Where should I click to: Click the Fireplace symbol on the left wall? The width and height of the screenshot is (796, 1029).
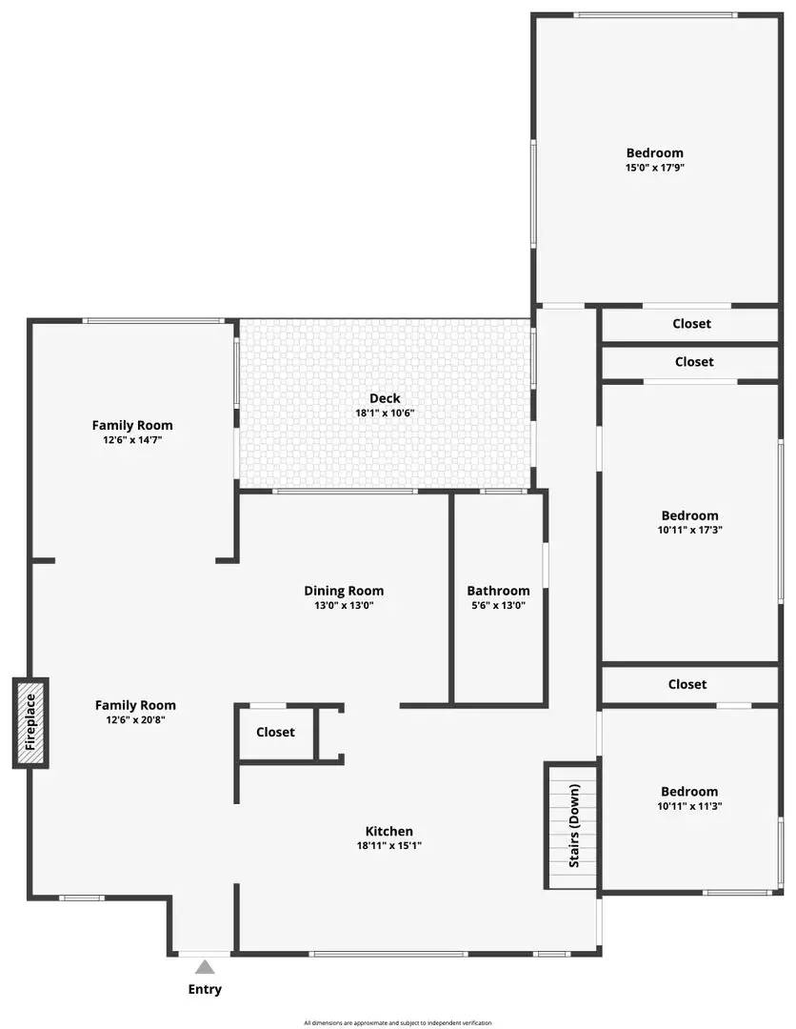point(30,723)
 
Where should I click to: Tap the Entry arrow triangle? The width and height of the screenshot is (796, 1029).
point(205,966)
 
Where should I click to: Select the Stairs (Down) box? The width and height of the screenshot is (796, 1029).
point(572,825)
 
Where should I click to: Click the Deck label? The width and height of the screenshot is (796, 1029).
point(385,398)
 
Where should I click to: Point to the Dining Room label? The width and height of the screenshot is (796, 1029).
point(344,591)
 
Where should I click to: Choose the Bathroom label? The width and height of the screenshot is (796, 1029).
point(498,591)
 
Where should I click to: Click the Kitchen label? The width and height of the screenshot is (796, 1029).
point(389,831)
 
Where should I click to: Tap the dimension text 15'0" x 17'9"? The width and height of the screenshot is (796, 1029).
point(654,168)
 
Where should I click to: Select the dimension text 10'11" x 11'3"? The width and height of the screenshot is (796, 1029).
point(689,806)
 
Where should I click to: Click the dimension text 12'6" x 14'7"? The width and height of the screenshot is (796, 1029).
point(132,440)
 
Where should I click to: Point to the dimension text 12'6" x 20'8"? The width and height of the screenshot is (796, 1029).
point(135,720)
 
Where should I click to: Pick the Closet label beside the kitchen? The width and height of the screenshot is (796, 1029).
point(275,732)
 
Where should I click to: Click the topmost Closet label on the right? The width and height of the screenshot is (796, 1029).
point(691,324)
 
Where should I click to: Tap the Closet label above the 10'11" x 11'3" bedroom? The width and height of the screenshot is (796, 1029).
point(687,684)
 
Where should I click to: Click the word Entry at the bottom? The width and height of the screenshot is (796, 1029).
point(205,989)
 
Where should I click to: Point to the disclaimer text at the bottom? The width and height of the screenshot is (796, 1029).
point(398,1022)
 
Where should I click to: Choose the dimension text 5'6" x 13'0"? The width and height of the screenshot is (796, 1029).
point(498,605)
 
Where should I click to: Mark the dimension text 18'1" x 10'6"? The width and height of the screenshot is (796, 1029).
point(385,414)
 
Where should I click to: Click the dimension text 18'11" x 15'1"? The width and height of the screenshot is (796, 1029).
point(389,845)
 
